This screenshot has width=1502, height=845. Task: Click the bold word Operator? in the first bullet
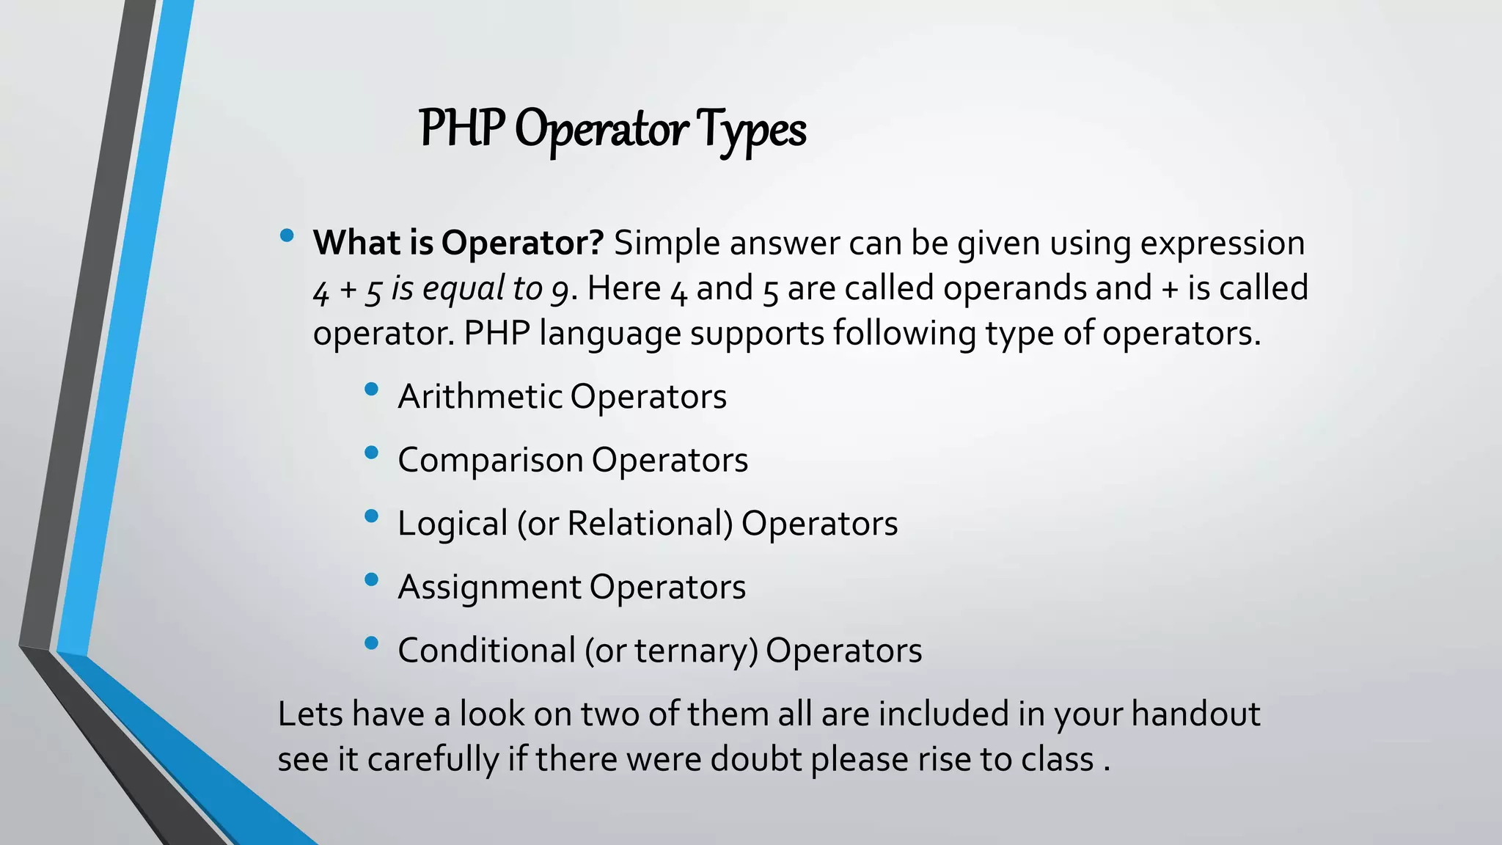pos(522,243)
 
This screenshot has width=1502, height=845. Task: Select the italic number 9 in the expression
pos(560,290)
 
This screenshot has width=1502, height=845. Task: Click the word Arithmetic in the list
pos(480,396)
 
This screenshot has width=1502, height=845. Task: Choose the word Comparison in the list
pos(490,461)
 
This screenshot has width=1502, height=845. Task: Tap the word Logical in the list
pos(453,524)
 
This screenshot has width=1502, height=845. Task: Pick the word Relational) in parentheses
pos(650,524)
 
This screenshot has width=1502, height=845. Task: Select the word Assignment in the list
pos(489,587)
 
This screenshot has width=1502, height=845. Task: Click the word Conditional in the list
pos(487,651)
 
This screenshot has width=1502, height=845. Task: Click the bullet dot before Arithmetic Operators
pos(371,389)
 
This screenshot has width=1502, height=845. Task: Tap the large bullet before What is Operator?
pos(287,235)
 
